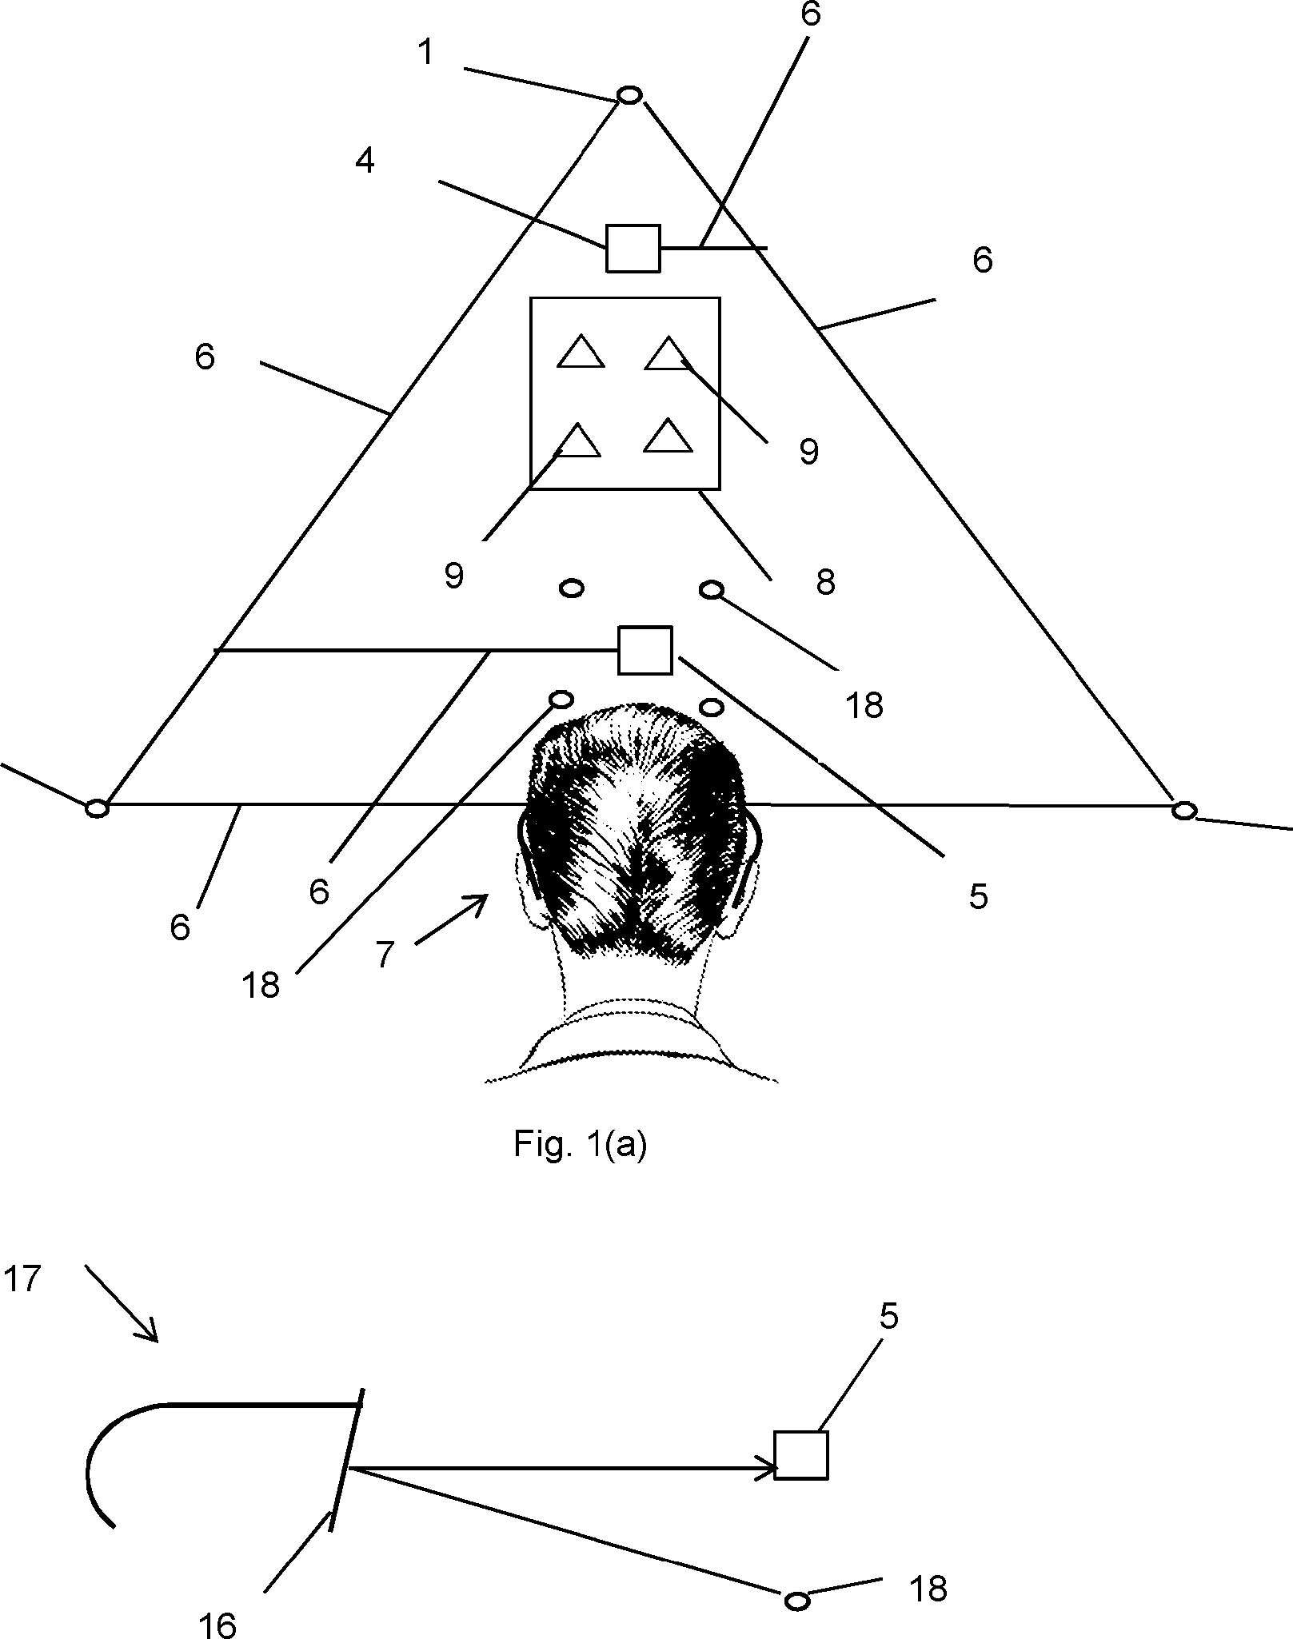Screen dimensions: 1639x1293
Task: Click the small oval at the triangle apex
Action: tap(629, 95)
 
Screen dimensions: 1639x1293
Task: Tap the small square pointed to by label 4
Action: tap(633, 248)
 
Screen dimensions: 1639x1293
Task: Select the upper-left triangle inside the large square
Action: tap(580, 353)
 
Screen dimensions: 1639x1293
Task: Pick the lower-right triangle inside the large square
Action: tap(668, 437)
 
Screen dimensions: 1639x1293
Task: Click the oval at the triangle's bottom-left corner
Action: tap(97, 809)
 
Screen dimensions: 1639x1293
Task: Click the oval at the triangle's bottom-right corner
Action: tap(1183, 811)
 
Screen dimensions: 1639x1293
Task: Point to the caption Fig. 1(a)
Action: tap(580, 1145)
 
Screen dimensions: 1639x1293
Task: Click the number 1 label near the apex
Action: tap(426, 53)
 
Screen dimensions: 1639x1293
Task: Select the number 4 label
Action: tap(365, 162)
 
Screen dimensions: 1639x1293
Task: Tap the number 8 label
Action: tap(825, 582)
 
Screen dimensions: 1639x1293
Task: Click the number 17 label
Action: tap(22, 1279)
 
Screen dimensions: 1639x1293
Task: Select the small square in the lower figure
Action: tap(801, 1455)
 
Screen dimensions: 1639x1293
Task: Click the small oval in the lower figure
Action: tap(796, 1578)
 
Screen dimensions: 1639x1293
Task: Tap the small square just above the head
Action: tap(645, 650)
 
